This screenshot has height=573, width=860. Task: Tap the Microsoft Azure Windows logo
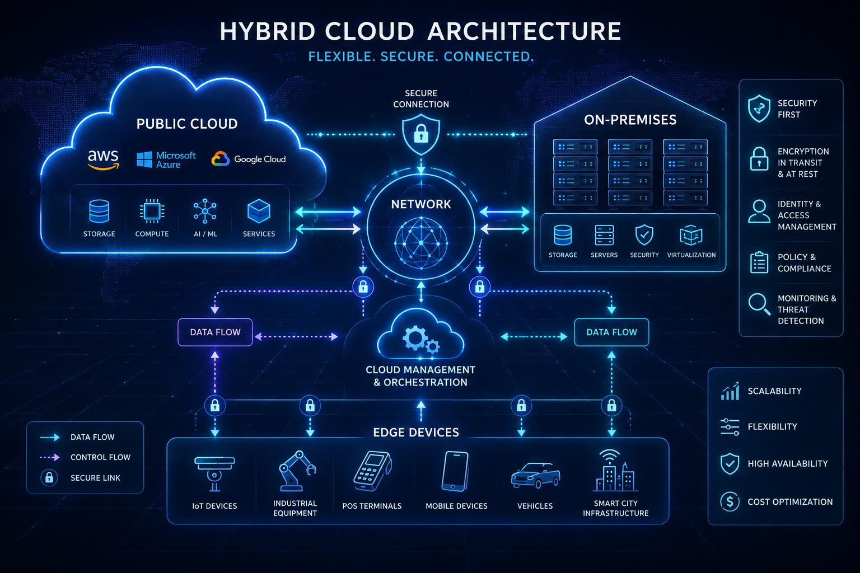point(144,159)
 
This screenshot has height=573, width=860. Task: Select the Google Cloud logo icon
point(221,159)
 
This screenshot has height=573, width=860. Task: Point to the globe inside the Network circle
point(421,243)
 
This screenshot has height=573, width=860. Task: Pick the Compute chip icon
point(152,211)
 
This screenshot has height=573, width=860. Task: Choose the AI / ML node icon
point(205,211)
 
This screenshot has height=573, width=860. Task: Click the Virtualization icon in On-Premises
point(691,235)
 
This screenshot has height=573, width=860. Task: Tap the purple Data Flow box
point(215,332)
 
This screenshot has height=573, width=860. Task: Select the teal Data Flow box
point(611,332)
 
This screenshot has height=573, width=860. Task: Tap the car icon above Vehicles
point(536,476)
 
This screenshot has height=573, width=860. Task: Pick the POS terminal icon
point(372,471)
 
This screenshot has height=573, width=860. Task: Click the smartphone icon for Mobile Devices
point(455,471)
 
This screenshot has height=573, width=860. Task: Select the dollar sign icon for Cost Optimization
point(730,501)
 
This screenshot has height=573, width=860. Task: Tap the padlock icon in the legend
point(49,478)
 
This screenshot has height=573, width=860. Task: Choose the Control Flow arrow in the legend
point(50,458)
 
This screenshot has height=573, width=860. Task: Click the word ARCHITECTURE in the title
point(524,31)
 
